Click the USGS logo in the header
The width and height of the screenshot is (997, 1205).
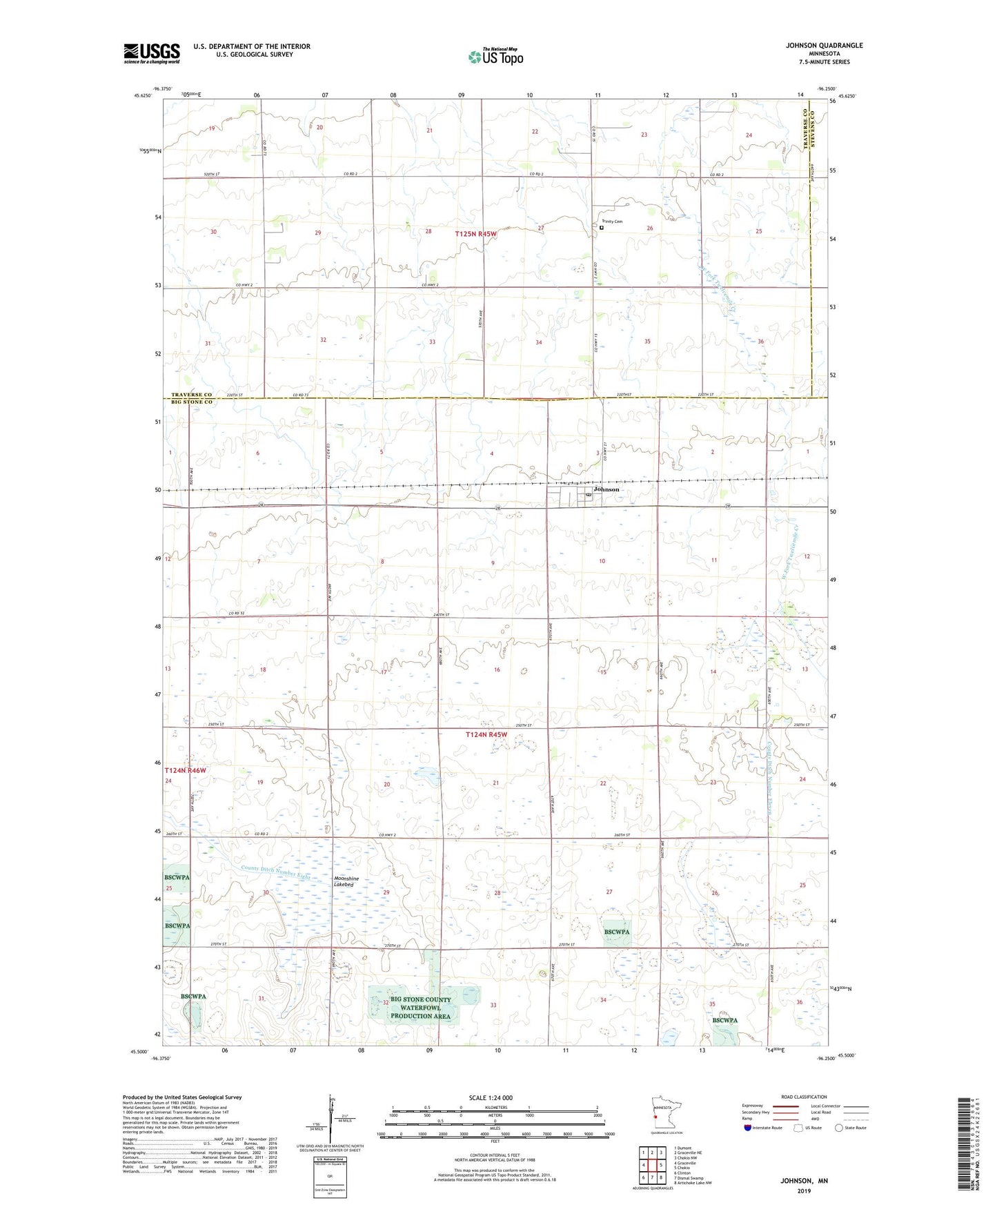click(152, 53)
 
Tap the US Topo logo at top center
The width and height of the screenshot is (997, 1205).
click(495, 57)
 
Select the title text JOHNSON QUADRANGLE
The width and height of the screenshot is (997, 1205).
click(824, 46)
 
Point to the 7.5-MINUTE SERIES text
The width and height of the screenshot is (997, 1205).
click(825, 62)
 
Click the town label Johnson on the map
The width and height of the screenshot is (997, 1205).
click(606, 489)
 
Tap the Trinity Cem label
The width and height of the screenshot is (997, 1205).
click(612, 222)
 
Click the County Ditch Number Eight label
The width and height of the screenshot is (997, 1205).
click(276, 872)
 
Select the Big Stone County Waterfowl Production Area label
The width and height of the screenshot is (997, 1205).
click(420, 1008)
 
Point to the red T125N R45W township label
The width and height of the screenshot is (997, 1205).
click(475, 235)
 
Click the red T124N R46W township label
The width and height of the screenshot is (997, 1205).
click(185, 770)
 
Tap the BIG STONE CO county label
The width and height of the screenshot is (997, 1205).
click(189, 402)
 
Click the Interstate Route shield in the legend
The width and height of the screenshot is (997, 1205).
click(749, 1128)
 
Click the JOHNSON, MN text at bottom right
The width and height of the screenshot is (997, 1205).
click(804, 1181)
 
